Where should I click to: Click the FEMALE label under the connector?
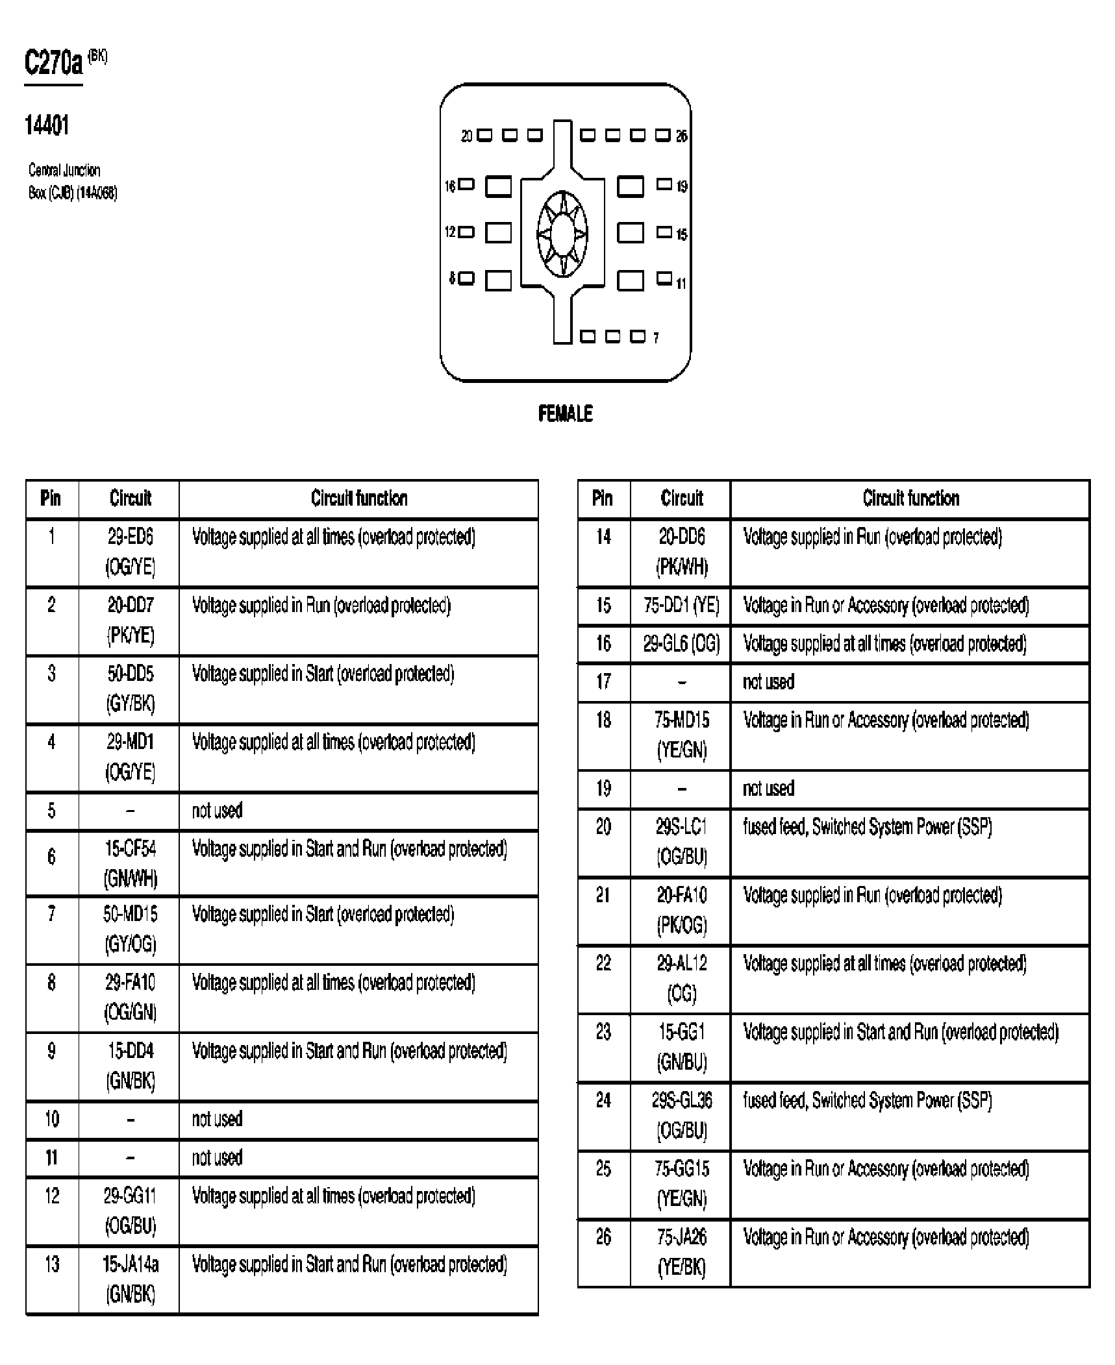(x=565, y=413)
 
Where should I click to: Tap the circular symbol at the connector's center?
(x=562, y=233)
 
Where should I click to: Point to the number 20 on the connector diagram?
(x=467, y=136)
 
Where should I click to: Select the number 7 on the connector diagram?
(x=656, y=338)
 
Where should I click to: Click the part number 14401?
(x=47, y=125)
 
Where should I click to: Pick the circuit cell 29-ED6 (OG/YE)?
(x=130, y=552)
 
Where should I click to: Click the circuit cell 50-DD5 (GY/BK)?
(x=130, y=689)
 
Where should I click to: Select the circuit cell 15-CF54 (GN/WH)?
(x=130, y=863)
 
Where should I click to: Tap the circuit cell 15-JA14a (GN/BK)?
(x=130, y=1279)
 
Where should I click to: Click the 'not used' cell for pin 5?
(x=217, y=811)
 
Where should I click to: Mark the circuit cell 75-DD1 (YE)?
(x=681, y=606)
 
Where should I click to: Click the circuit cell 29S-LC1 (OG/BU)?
(x=681, y=842)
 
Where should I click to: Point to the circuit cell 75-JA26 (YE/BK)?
(x=681, y=1252)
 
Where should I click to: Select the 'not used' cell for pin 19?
(x=768, y=789)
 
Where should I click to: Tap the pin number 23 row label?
(x=603, y=1032)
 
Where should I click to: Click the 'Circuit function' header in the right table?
(x=910, y=498)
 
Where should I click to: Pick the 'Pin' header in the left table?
(x=51, y=498)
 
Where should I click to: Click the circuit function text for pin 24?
(x=868, y=1100)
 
